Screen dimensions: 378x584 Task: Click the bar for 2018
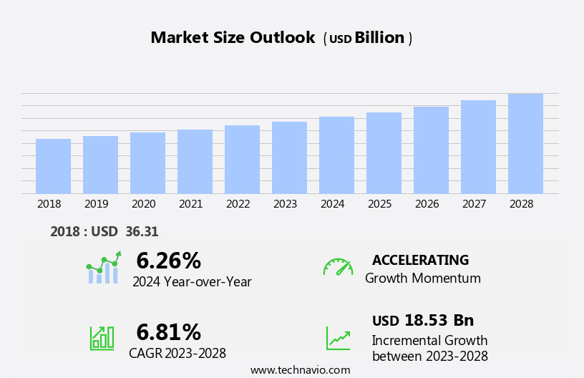53,166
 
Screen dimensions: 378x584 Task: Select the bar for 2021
195,162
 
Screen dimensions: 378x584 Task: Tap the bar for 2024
336,155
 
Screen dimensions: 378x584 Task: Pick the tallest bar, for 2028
525,144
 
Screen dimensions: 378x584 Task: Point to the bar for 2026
431,150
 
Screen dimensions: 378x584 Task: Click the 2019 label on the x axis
96,204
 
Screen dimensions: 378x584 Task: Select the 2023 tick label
285,204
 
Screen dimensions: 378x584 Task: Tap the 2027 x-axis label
474,204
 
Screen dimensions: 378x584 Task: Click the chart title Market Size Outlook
233,38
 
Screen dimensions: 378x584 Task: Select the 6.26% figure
168,261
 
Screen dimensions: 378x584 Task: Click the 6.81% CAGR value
168,332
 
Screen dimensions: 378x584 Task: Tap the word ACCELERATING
420,261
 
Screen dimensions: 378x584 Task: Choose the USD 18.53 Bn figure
423,321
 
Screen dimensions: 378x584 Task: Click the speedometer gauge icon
338,268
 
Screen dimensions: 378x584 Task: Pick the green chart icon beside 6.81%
102,337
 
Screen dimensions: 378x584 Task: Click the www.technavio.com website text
300,370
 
